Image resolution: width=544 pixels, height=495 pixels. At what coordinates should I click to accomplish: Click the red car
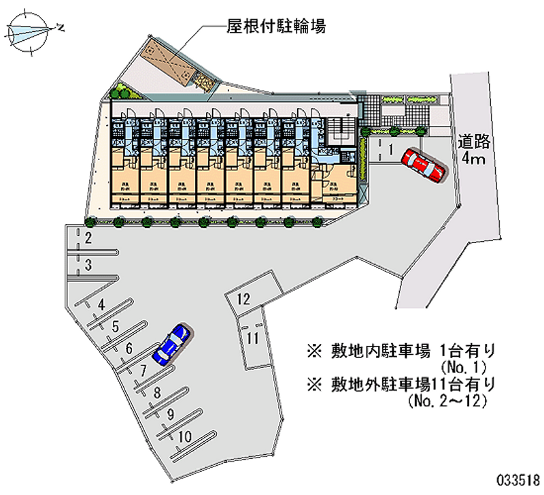(423, 165)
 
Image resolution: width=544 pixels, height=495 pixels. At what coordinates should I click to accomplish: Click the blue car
(171, 344)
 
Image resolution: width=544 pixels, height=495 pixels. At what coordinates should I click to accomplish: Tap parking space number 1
(392, 148)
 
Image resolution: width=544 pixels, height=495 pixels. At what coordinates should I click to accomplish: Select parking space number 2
(88, 238)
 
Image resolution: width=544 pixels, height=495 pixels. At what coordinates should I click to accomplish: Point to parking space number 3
(88, 264)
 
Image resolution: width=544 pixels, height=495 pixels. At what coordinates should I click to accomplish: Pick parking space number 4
(102, 305)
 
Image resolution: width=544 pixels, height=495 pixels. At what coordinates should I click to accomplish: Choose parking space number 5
(116, 327)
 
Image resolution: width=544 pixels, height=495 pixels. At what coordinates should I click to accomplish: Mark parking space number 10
(185, 436)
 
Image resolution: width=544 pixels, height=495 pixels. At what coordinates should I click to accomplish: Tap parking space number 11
(253, 338)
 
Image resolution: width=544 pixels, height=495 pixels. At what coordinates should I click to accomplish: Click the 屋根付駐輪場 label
(275, 27)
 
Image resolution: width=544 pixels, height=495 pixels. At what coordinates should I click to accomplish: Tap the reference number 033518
(515, 477)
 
